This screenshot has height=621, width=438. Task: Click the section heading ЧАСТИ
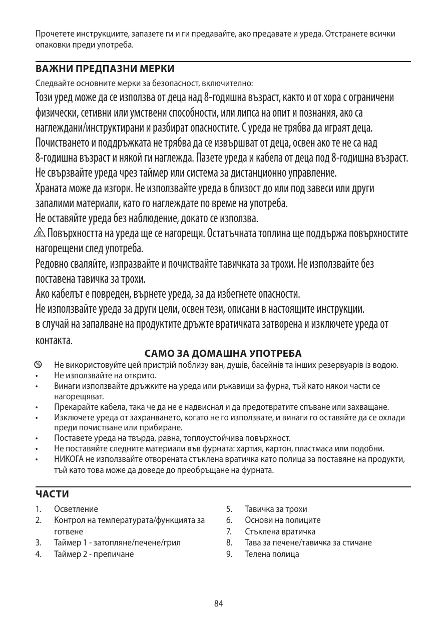[x=52, y=494]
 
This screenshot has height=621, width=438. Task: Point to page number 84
[x=218, y=603]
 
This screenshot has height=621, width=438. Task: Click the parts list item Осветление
[x=76, y=509]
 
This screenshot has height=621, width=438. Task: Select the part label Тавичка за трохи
[x=276, y=509]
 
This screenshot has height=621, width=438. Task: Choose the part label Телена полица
[x=272, y=554]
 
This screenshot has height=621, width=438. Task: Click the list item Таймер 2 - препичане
[x=94, y=554]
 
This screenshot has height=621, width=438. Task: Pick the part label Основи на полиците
[x=282, y=520]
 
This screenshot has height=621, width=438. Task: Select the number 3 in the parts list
[x=38, y=542]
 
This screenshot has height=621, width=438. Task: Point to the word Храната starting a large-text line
[x=53, y=190]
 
